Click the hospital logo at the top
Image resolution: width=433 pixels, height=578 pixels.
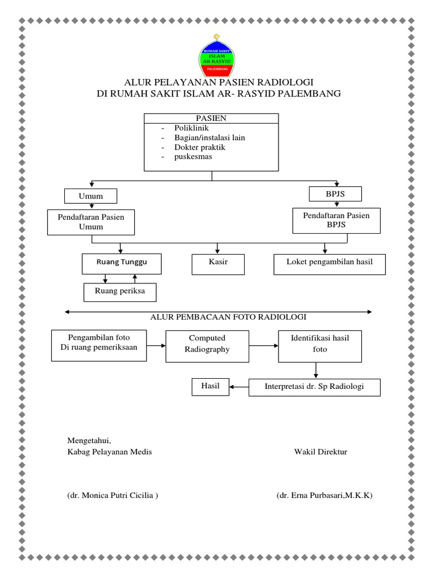click(218, 56)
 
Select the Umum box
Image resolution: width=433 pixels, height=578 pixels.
click(91, 196)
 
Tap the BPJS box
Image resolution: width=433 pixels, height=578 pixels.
click(335, 194)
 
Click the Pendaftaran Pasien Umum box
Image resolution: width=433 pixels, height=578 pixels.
click(91, 221)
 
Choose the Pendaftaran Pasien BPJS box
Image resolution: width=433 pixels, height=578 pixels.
click(336, 220)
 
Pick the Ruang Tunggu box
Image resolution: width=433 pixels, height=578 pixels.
click(121, 263)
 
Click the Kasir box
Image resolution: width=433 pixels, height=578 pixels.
click(218, 264)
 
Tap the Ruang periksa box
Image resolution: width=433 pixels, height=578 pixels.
click(120, 292)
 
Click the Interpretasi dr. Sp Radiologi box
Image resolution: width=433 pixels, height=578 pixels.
click(315, 387)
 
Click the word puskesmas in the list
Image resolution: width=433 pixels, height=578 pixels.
click(193, 156)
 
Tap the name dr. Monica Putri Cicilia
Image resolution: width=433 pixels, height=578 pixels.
click(112, 495)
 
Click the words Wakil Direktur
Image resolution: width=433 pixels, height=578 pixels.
click(320, 452)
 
